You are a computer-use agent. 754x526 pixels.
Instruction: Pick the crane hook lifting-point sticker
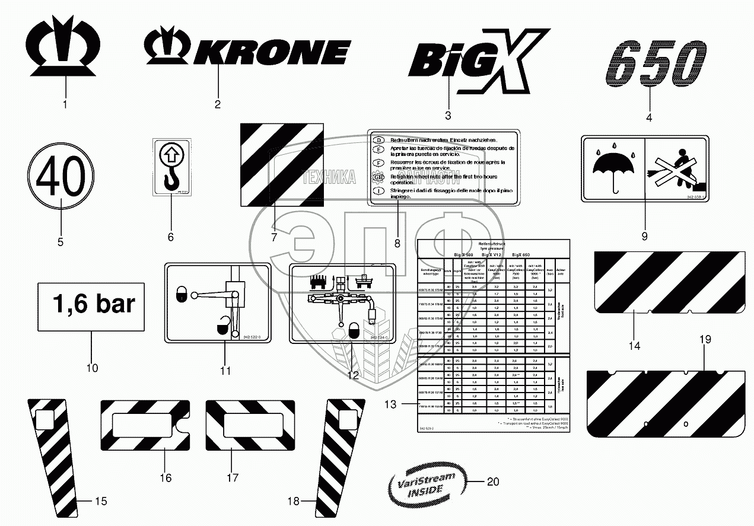tap(172, 166)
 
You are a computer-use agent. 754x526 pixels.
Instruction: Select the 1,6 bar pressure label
tap(91, 306)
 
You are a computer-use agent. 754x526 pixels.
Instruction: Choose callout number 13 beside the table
tap(389, 404)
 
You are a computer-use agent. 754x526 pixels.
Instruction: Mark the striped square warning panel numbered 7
tap(281, 164)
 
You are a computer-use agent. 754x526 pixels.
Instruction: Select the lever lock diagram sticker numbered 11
tap(217, 302)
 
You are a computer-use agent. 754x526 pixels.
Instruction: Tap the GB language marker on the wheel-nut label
tap(377, 177)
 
